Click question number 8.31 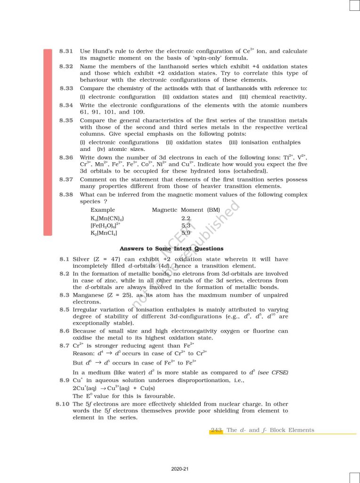pos(66,51)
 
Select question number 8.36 pos(66,157)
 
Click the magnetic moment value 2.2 pos(186,218)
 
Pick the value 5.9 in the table pos(186,233)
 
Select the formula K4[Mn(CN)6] pos(107,218)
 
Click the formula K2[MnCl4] pos(104,233)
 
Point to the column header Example pos(103,209)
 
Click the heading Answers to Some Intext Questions pos(172,249)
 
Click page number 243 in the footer pos(217,430)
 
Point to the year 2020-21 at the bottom pos(180,469)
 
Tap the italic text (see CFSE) pos(273,373)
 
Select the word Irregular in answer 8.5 pos(87,309)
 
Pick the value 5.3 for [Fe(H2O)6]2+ pos(186,225)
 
